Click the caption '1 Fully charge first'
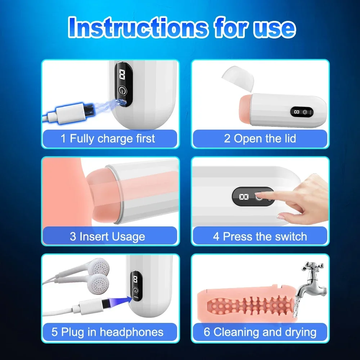108,139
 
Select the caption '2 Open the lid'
260,139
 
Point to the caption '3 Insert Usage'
107,237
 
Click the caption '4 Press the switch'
260,237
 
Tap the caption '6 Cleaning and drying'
260,332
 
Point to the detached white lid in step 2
237,78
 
